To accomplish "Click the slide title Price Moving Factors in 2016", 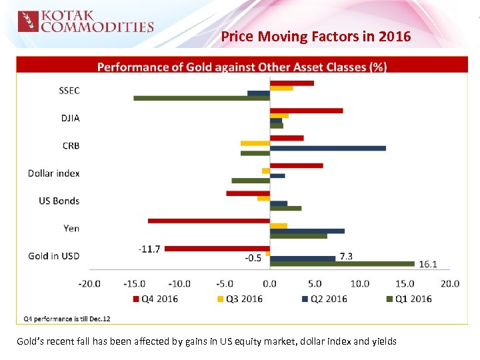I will [x=316, y=37].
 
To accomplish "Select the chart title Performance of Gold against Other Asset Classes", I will [x=242, y=67].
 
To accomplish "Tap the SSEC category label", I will [x=69, y=91].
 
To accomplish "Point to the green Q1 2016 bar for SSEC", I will [x=201, y=98].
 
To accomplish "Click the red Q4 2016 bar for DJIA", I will [x=306, y=111].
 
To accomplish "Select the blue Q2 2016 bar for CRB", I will [x=327, y=148].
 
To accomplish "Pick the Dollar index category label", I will [x=54, y=173].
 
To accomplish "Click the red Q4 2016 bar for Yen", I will [x=209, y=220].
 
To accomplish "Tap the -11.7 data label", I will [x=149, y=249].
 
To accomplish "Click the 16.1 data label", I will [x=427, y=264].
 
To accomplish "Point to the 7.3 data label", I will [x=346, y=256].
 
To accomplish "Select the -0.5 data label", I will [x=253, y=257].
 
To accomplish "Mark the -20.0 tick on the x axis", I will [x=89, y=283].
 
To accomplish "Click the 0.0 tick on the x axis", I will [x=269, y=283].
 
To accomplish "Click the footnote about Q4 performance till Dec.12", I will [x=67, y=319].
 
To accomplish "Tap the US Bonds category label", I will [x=59, y=201].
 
